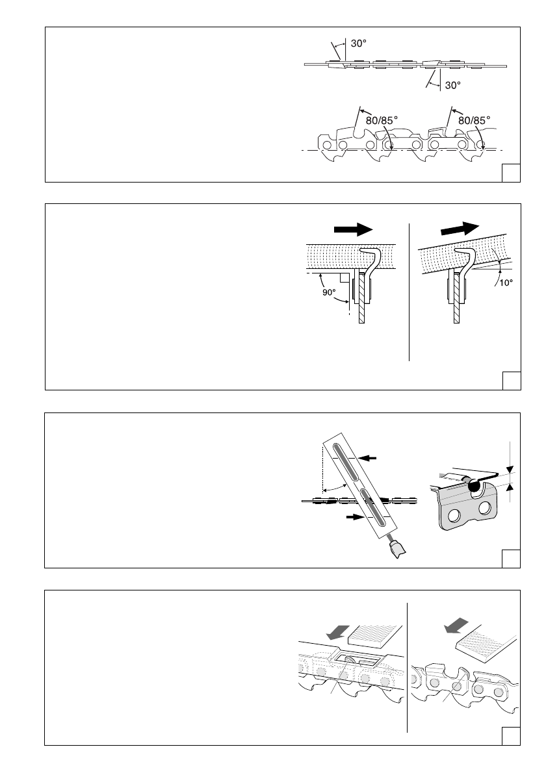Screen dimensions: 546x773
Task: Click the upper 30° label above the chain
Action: click(x=359, y=44)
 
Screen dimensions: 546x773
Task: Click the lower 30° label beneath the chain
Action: click(x=453, y=84)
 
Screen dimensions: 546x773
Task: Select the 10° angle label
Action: click(x=506, y=283)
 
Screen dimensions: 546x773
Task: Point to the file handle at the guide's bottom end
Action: click(x=396, y=550)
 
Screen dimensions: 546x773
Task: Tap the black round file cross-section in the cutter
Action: click(x=474, y=484)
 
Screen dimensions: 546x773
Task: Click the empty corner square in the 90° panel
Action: click(x=512, y=381)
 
